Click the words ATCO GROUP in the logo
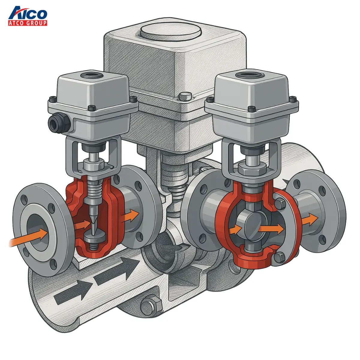click(28, 23)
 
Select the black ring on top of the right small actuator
click(250, 75)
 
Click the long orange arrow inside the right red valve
click(272, 229)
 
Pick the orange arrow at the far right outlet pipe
click(310, 220)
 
